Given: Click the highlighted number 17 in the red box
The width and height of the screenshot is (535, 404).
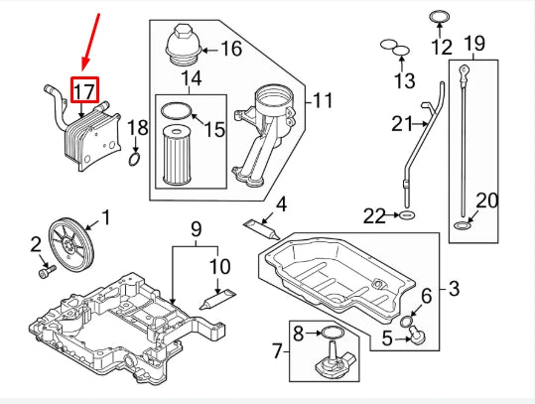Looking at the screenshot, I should tap(84, 92).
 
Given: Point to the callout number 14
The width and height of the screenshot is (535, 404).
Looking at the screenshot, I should tap(191, 77).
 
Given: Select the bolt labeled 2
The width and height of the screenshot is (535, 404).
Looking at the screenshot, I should tap(44, 268).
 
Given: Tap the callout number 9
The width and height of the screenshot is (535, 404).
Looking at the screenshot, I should tap(197, 227).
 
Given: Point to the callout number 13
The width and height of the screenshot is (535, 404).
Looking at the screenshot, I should tap(405, 79).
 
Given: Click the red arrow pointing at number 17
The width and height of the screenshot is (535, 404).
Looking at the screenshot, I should tap(91, 44).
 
